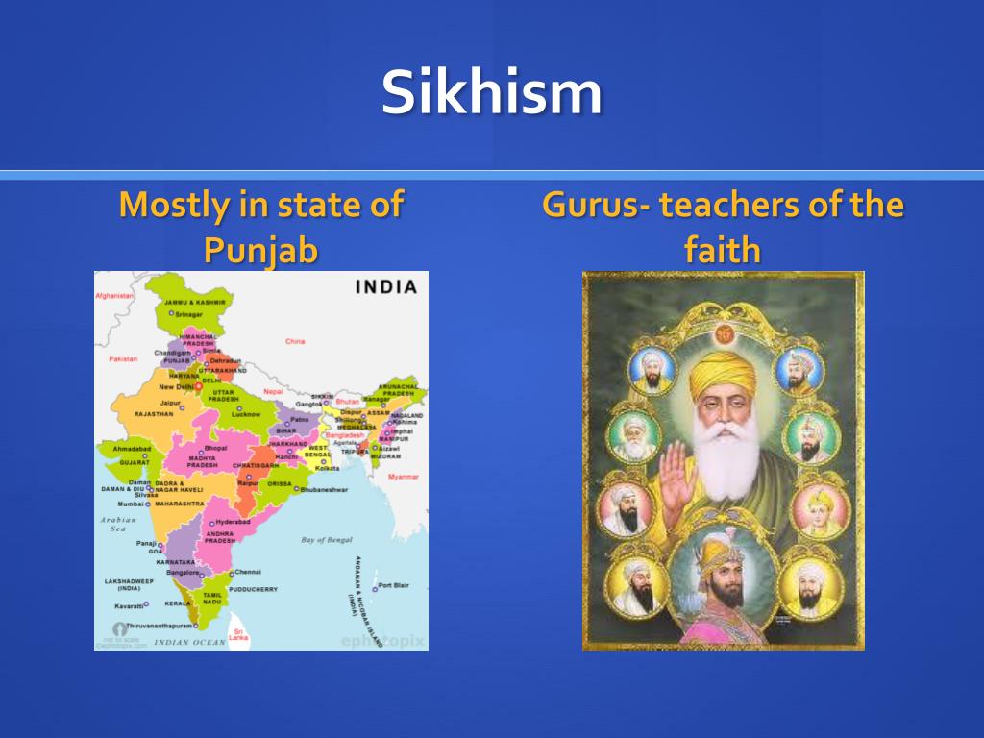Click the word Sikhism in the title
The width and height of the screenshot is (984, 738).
[x=491, y=93]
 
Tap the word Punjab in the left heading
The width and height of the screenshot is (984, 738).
[x=260, y=250]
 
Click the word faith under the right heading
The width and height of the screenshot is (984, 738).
[x=722, y=250]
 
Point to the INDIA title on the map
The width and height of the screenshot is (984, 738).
[x=386, y=286]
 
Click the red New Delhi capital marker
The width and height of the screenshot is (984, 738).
[x=199, y=387]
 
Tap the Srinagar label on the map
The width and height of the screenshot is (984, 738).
[x=188, y=313]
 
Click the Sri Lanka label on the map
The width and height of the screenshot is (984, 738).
[x=238, y=636]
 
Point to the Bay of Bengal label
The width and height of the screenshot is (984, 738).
[x=327, y=540]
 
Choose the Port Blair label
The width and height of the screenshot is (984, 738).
[x=394, y=585]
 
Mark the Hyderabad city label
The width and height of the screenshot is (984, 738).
[x=233, y=522]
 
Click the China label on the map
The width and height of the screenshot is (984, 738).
[x=295, y=341]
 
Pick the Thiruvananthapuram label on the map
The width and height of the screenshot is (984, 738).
[x=154, y=625]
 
